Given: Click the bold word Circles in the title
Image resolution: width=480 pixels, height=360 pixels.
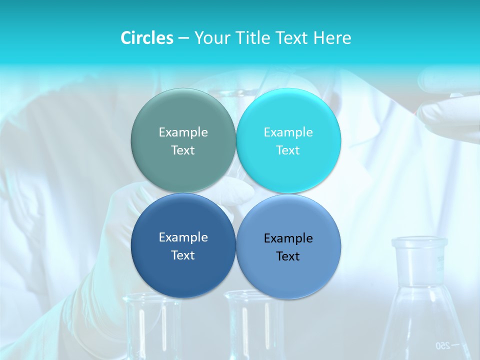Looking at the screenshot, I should [x=146, y=38].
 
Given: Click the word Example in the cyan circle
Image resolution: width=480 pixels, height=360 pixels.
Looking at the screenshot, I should [x=288, y=132].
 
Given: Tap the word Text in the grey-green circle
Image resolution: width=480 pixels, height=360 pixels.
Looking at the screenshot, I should [x=183, y=150].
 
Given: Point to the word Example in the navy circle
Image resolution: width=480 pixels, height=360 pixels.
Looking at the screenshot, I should [x=183, y=237].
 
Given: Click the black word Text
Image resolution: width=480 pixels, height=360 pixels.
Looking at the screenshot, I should [x=288, y=256].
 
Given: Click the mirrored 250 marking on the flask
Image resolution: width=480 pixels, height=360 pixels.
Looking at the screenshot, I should [x=443, y=345].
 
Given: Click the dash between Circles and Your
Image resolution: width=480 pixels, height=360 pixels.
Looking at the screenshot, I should [x=183, y=38].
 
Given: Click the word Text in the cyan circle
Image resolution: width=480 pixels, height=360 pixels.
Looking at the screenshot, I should [x=288, y=150].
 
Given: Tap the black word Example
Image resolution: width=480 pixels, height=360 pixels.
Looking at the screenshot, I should [x=288, y=238].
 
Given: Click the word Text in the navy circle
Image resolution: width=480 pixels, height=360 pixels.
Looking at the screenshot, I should [x=183, y=255].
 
